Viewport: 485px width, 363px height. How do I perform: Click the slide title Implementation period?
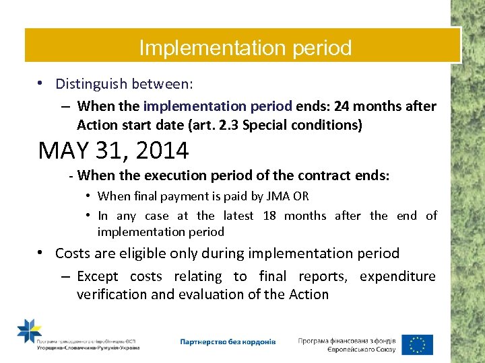tap(245, 48)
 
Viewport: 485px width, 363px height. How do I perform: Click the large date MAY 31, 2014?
tap(113, 151)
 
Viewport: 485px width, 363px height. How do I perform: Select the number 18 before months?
tap(269, 216)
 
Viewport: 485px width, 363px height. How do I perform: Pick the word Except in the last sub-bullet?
tap(98, 276)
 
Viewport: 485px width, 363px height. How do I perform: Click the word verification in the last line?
tap(110, 294)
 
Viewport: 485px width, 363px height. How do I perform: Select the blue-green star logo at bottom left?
tap(29, 331)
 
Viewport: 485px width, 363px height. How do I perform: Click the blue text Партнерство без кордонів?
tap(228, 342)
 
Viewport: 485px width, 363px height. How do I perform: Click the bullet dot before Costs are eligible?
tap(42, 253)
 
